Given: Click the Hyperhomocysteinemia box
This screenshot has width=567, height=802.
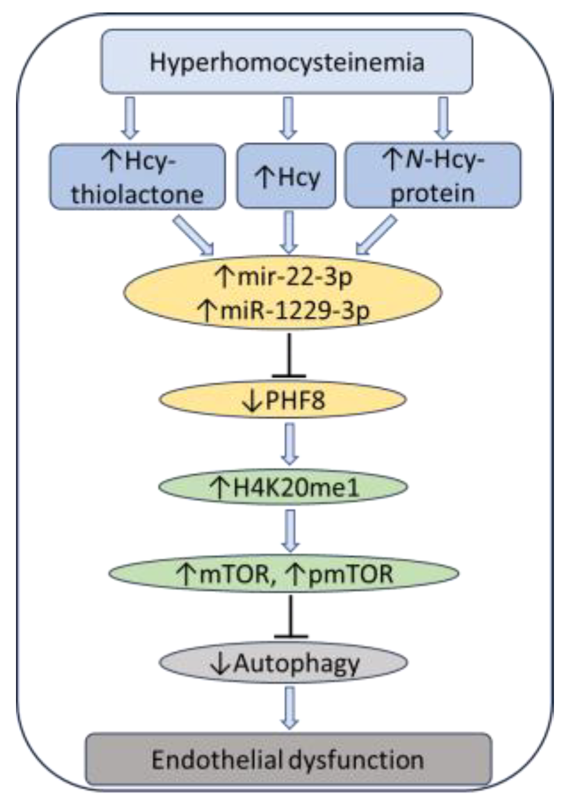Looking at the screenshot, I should click(x=287, y=62).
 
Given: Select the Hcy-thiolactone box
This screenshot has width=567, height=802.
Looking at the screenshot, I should click(x=137, y=177).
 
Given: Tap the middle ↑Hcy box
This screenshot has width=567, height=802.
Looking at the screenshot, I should click(x=286, y=177).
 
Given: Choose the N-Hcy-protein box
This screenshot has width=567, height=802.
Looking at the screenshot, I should click(x=433, y=177).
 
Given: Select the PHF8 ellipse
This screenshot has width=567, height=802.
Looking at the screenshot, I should click(x=283, y=400).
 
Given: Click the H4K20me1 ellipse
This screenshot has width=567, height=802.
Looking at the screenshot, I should click(x=283, y=487).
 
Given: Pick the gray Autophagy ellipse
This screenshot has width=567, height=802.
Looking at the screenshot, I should click(x=283, y=663).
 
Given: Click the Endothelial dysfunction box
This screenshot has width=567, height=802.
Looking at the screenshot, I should click(x=289, y=759).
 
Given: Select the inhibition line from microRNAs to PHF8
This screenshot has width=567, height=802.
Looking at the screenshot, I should click(x=289, y=356).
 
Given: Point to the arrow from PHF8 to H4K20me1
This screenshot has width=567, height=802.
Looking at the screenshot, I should click(x=290, y=443).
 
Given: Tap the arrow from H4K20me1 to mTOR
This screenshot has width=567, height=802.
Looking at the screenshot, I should click(x=290, y=531).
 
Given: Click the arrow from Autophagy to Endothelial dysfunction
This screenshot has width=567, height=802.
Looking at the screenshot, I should click(x=290, y=707).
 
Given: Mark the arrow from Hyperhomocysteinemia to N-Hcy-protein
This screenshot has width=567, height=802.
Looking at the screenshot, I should click(x=443, y=117).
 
